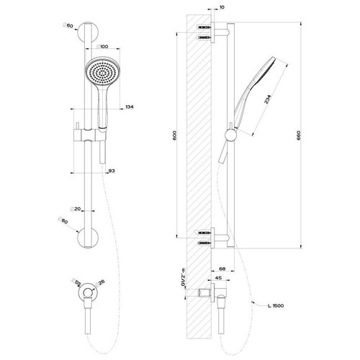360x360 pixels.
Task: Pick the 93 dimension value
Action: [112, 171]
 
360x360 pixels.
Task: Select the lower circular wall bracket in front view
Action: [89, 235]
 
